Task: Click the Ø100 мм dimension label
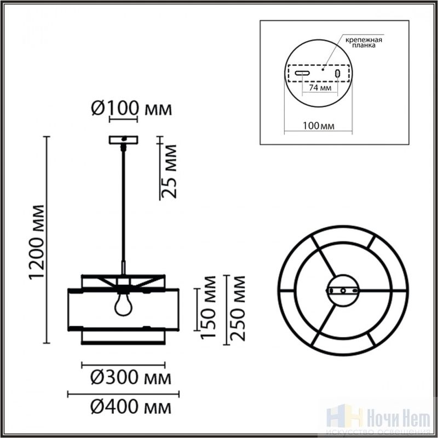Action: pyautogui.click(x=131, y=108)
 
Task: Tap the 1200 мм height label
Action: pyautogui.click(x=37, y=242)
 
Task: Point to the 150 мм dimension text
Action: pyautogui.click(x=208, y=307)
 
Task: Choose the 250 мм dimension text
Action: pyautogui.click(x=237, y=308)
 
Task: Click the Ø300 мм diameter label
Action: pyautogui.click(x=131, y=377)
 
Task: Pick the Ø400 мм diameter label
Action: pyautogui.click(x=131, y=407)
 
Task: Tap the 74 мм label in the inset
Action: pyautogui.click(x=320, y=88)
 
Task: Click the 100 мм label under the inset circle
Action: pyautogui.click(x=319, y=126)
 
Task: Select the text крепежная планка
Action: pyautogui.click(x=364, y=43)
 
